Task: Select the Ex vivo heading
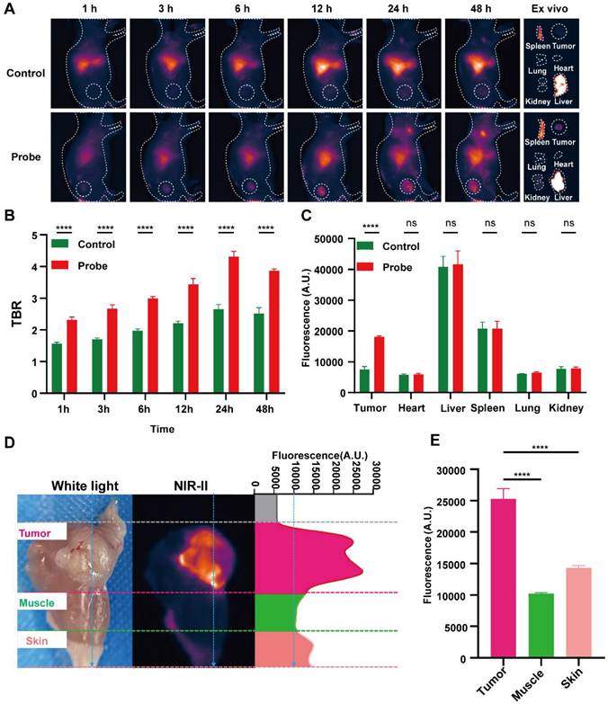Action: point(553,8)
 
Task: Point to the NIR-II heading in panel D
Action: point(192,486)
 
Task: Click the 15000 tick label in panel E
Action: point(443,564)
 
